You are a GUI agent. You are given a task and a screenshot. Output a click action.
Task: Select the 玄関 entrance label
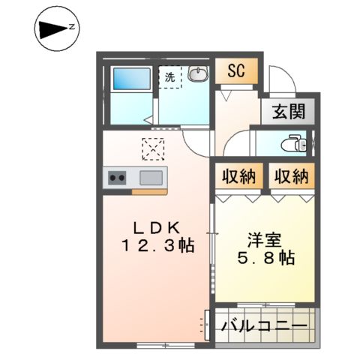tap(288, 112)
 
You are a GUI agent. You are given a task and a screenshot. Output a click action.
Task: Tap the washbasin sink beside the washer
tap(198, 74)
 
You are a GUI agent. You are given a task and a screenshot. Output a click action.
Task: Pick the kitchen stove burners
tap(118, 178)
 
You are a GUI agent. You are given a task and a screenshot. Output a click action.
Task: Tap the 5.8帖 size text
tap(265, 257)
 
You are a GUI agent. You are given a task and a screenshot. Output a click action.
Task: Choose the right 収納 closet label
tap(291, 177)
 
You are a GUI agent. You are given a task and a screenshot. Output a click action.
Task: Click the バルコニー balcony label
tap(264, 326)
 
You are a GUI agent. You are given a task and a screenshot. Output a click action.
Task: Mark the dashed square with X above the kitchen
tap(154, 149)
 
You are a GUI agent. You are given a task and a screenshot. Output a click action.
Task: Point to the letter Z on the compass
tap(71, 27)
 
